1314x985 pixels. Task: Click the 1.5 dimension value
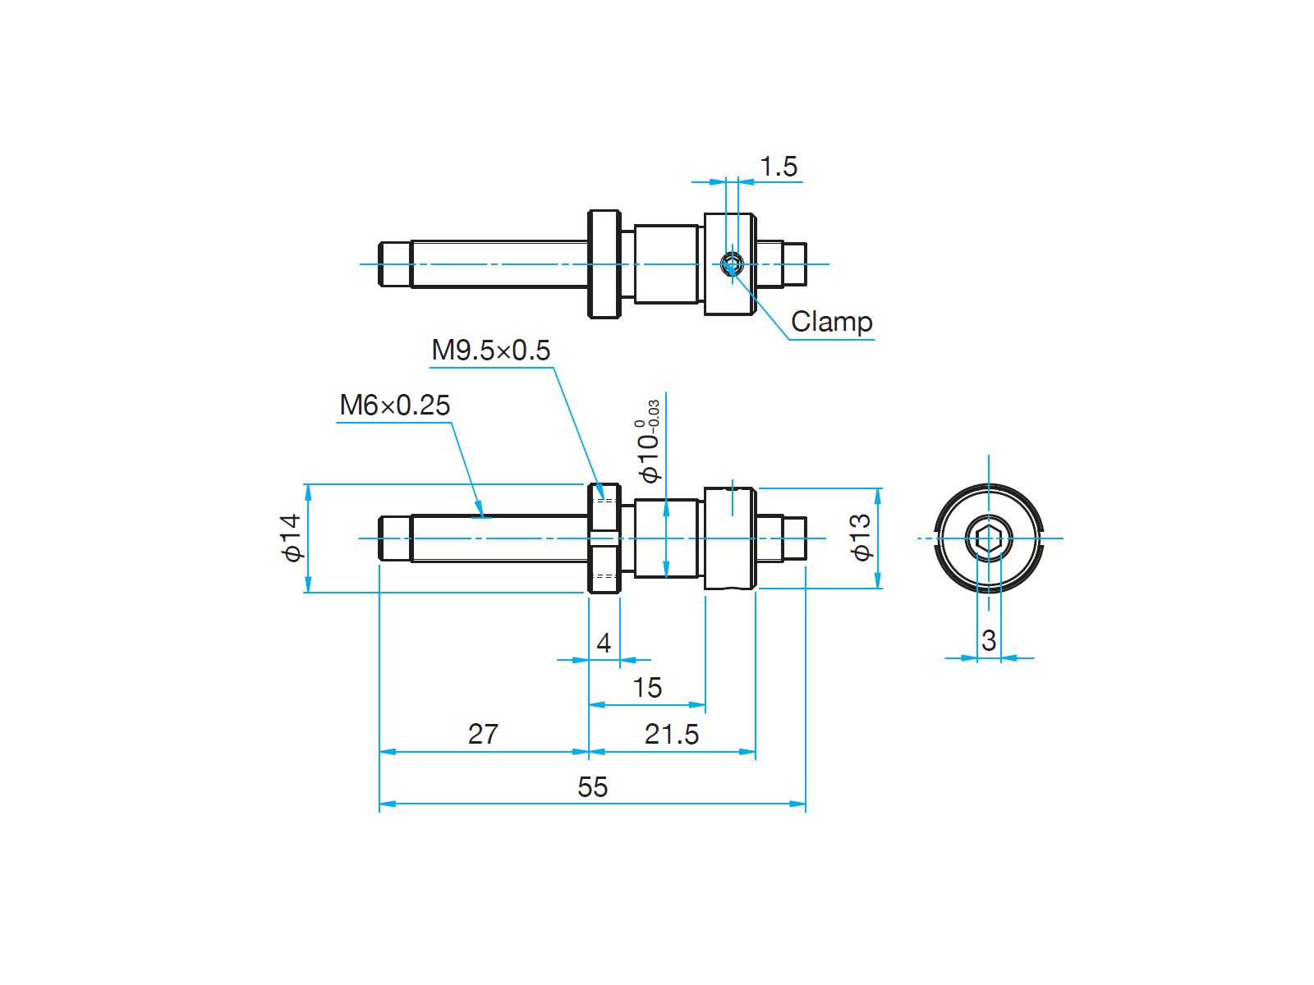(779, 167)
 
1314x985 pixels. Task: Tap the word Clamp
(831, 322)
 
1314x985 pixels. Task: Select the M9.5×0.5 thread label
(490, 350)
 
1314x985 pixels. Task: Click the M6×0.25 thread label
(394, 405)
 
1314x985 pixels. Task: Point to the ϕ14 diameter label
(292, 537)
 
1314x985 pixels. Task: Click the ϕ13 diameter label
(861, 537)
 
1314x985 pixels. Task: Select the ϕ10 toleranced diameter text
(648, 442)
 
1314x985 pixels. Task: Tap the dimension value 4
(604, 644)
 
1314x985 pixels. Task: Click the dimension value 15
(647, 688)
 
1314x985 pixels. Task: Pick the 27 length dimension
(483, 735)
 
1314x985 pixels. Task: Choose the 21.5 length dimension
(672, 735)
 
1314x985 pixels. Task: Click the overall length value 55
(593, 787)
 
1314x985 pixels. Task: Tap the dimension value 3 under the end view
(988, 641)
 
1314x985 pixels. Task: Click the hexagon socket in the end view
(988, 538)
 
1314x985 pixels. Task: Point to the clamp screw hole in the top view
(732, 263)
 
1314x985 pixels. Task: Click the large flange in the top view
(604, 263)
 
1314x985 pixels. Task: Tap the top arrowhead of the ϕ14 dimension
(308, 492)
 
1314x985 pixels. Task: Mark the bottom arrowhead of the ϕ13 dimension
(878, 580)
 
